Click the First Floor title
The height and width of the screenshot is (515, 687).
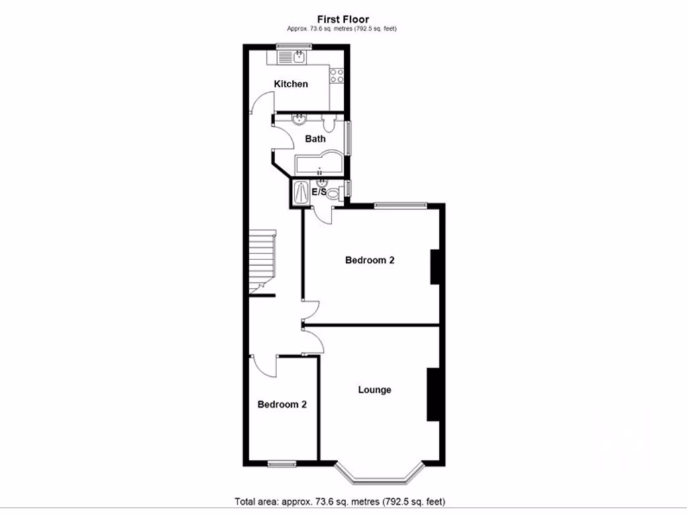click(343, 19)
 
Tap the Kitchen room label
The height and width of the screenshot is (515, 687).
click(291, 84)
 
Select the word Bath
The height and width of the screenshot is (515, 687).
click(315, 139)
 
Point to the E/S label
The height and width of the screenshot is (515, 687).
click(319, 192)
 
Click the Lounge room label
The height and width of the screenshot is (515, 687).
click(374, 390)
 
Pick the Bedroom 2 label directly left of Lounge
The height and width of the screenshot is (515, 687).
click(282, 404)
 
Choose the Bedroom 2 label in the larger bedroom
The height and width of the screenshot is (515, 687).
click(369, 260)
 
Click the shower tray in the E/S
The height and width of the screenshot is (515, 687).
click(300, 192)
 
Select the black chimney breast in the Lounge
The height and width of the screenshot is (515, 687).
click(433, 394)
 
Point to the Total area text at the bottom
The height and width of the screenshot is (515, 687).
click(339, 502)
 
